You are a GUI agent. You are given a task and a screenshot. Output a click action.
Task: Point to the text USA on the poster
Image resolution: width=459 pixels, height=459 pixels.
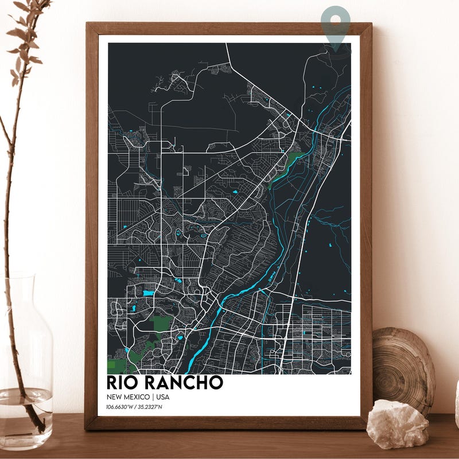(162, 397)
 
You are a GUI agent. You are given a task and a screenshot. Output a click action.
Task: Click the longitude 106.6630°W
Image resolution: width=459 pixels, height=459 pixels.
(121, 407)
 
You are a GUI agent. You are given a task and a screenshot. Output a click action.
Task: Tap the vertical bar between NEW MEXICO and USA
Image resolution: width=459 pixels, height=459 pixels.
(152, 397)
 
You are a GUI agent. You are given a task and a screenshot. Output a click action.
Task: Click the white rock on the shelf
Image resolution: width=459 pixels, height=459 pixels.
(397, 424)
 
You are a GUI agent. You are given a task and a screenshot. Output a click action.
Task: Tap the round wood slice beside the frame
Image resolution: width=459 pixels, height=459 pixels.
(403, 367)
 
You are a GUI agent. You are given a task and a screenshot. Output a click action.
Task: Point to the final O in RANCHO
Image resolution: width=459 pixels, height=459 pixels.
(215, 383)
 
